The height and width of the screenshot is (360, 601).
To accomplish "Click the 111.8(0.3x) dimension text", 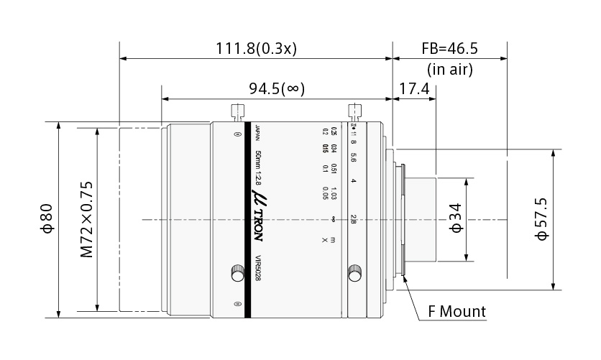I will pyautogui.click(x=257, y=48).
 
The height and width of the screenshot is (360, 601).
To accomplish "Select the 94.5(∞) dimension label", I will pyautogui.click(x=277, y=88).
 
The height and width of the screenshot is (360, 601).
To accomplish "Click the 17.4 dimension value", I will pyautogui.click(x=414, y=88).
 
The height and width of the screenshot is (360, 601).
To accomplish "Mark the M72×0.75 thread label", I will pyautogui.click(x=87, y=219).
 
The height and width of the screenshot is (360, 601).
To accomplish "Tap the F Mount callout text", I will pyautogui.click(x=457, y=312).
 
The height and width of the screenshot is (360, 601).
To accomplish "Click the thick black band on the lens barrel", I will pyautogui.click(x=247, y=219).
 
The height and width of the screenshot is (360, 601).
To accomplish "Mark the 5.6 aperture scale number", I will pyautogui.click(x=353, y=156).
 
